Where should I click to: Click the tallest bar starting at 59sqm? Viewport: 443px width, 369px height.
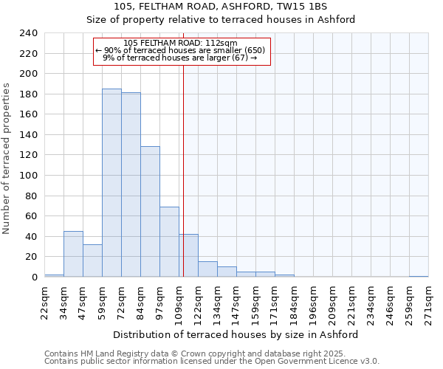(x=111, y=183)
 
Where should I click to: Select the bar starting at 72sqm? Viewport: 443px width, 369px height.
(x=131, y=184)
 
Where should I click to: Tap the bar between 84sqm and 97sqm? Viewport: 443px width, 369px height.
(x=150, y=212)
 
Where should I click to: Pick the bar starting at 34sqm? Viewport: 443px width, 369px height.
(x=73, y=254)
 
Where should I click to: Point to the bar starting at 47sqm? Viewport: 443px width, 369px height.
(x=92, y=261)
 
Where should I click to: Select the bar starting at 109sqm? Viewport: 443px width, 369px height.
(x=188, y=255)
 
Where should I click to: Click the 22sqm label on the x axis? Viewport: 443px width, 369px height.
(x=45, y=300)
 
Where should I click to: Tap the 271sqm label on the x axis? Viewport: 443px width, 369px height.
(x=429, y=300)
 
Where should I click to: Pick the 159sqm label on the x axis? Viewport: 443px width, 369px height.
(x=256, y=300)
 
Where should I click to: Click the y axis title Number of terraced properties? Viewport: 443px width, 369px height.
(x=7, y=159)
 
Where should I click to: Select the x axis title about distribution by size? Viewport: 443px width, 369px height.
(x=236, y=334)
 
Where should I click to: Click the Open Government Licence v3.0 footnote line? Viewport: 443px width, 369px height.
(x=212, y=362)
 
